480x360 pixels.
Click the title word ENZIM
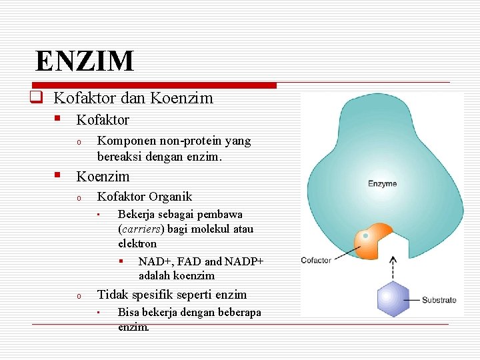pos(85,61)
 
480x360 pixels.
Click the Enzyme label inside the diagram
pos(383,183)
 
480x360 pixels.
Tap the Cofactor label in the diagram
pos(316,260)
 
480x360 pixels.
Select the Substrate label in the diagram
pos(439,300)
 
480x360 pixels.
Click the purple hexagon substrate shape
pos(393,299)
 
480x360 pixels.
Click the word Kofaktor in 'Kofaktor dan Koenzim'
pos(85,99)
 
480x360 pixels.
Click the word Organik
pos(171,197)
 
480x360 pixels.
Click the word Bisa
pos(129,313)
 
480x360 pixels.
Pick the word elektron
pos(137,244)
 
